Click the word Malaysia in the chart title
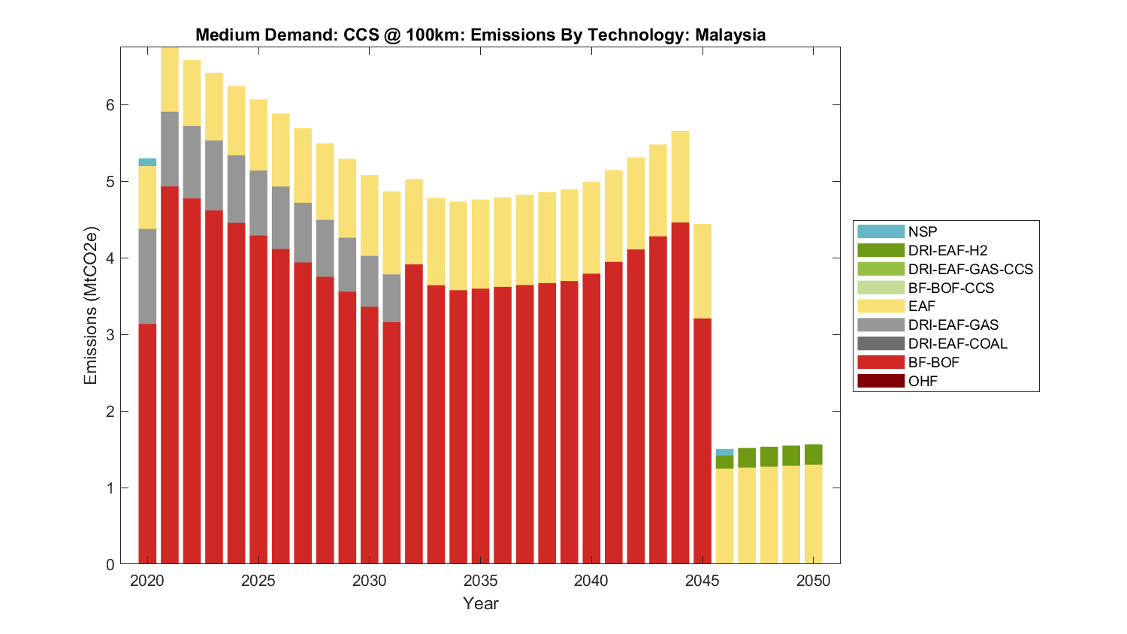pyautogui.click(x=730, y=35)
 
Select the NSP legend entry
pyautogui.click(x=923, y=231)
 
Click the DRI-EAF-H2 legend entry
pyautogui.click(x=947, y=250)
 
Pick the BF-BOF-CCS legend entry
pyautogui.click(x=950, y=288)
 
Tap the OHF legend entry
pyautogui.click(x=923, y=381)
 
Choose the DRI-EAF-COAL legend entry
pyautogui.click(x=957, y=343)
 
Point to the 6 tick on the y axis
pyautogui.click(x=110, y=105)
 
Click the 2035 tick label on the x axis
pyautogui.click(x=480, y=581)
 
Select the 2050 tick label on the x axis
pyautogui.click(x=813, y=581)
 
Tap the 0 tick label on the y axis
pyautogui.click(x=110, y=565)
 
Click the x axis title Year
pyautogui.click(x=480, y=603)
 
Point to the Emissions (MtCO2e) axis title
pyautogui.click(x=91, y=305)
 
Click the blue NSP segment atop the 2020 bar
pyautogui.click(x=147, y=162)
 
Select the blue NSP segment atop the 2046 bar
pyautogui.click(x=724, y=452)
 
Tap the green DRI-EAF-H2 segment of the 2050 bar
pyautogui.click(x=813, y=454)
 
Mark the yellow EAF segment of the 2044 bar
pyautogui.click(x=680, y=177)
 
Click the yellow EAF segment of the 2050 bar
pyautogui.click(x=813, y=515)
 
